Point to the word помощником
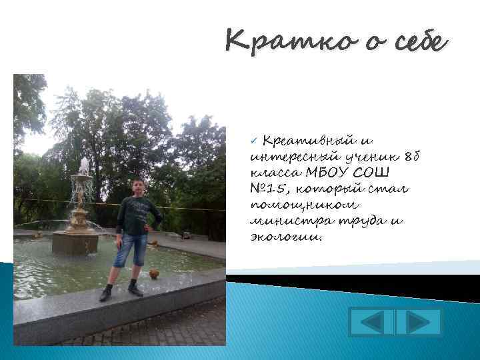coord(295,205)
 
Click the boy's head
coord(139,187)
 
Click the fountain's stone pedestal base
coord(75,241)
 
